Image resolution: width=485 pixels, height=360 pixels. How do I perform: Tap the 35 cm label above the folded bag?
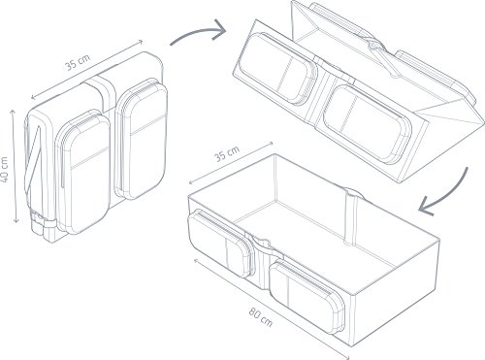pos(78,62)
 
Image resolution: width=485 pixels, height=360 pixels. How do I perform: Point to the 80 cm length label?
pos(261,317)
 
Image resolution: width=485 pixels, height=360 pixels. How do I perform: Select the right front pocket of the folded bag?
pos(143,139)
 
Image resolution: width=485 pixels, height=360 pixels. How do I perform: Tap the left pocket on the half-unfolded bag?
pos(277,69)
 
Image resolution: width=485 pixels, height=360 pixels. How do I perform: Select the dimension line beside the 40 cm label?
pos(15,166)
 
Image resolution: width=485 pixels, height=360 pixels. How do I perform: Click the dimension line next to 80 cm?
pos(271,309)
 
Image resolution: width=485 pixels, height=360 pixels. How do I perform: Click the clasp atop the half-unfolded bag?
pos(375,46)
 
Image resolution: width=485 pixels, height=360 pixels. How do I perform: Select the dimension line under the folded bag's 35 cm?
pos(86,69)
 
